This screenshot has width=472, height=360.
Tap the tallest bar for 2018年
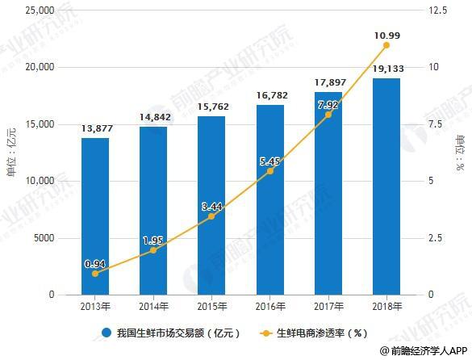coord(386,186)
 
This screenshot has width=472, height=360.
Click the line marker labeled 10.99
coord(386,45)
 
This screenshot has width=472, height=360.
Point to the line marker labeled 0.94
coord(96,274)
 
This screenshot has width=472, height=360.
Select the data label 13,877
coord(96,129)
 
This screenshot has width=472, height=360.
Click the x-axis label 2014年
coord(154,307)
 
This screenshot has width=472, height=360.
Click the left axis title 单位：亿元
coord(11,153)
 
